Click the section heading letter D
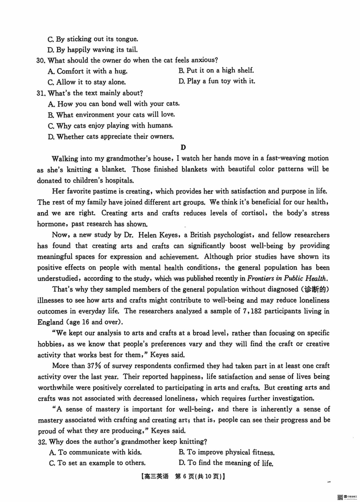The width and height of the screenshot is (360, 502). click(183, 147)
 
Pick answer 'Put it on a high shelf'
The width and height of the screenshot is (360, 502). click(216, 70)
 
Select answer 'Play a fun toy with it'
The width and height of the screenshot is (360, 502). click(217, 81)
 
